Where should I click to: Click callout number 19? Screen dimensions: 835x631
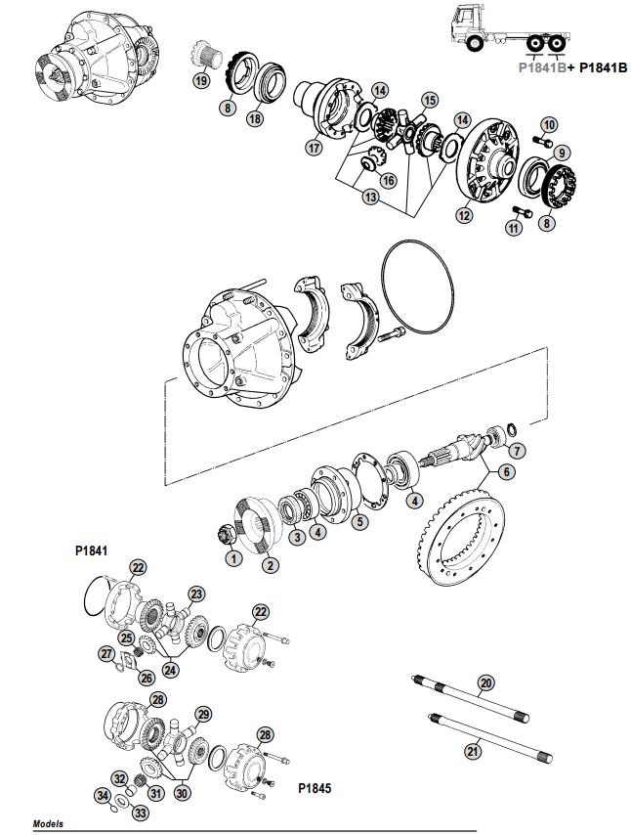[x=200, y=81]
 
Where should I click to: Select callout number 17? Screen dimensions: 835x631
[x=314, y=149]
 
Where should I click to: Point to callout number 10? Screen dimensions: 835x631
[x=548, y=124]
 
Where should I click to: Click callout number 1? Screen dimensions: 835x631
[x=232, y=558]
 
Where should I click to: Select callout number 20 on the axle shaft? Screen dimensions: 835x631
[x=486, y=682]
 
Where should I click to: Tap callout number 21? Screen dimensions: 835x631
[x=473, y=751]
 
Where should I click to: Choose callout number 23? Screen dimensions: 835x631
[x=196, y=593]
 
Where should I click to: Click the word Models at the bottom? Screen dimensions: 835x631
[x=48, y=824]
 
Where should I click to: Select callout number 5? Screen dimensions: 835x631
[x=359, y=522]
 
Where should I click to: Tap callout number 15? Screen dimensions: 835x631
[x=430, y=100]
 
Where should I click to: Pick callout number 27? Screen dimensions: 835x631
[x=106, y=653]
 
